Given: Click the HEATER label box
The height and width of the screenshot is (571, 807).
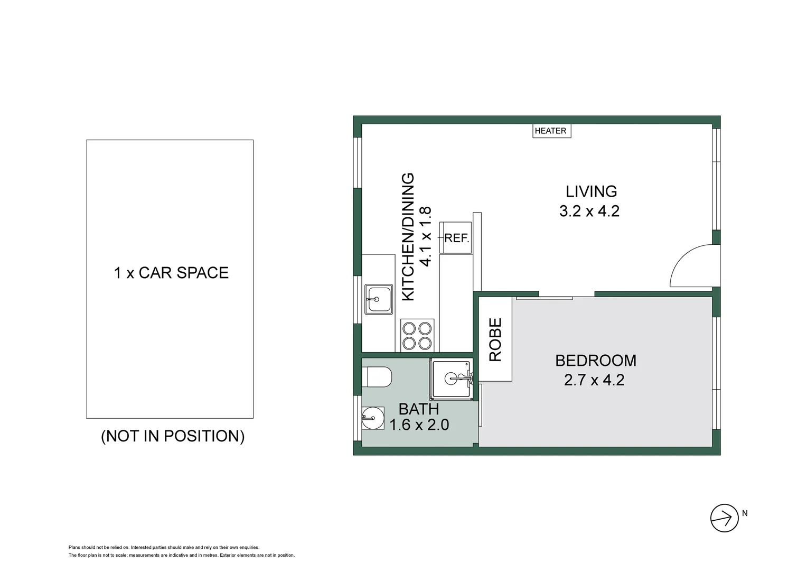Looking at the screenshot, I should click(551, 131).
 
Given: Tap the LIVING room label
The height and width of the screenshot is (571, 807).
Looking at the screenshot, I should click(591, 191).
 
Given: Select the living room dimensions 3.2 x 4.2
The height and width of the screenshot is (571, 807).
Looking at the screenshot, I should click(589, 211).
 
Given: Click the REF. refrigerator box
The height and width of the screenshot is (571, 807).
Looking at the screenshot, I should click(456, 238).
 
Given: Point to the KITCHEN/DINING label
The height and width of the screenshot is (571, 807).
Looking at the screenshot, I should click(409, 237).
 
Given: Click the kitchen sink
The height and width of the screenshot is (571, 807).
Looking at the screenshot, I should click(378, 299).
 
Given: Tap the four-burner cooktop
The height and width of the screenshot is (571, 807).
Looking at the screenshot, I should click(417, 335).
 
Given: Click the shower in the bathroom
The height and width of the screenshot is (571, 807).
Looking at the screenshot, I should click(452, 379).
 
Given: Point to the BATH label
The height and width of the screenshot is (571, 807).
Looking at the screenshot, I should click(418, 409).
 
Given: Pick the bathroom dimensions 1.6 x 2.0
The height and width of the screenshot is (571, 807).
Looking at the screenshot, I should click(419, 425).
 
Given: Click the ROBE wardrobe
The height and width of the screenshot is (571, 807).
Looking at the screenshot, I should click(495, 339).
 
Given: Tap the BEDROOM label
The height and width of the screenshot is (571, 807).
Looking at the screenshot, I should click(595, 361).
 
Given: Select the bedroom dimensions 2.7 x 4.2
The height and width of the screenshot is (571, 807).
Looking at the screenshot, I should click(594, 380).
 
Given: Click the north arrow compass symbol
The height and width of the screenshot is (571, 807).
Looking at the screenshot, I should click(724, 518).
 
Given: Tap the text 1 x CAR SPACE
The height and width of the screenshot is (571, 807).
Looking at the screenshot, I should click(171, 273).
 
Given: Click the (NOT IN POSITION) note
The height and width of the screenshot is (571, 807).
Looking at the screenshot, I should click(173, 436).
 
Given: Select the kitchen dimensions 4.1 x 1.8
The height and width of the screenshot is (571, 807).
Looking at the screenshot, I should click(426, 236).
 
